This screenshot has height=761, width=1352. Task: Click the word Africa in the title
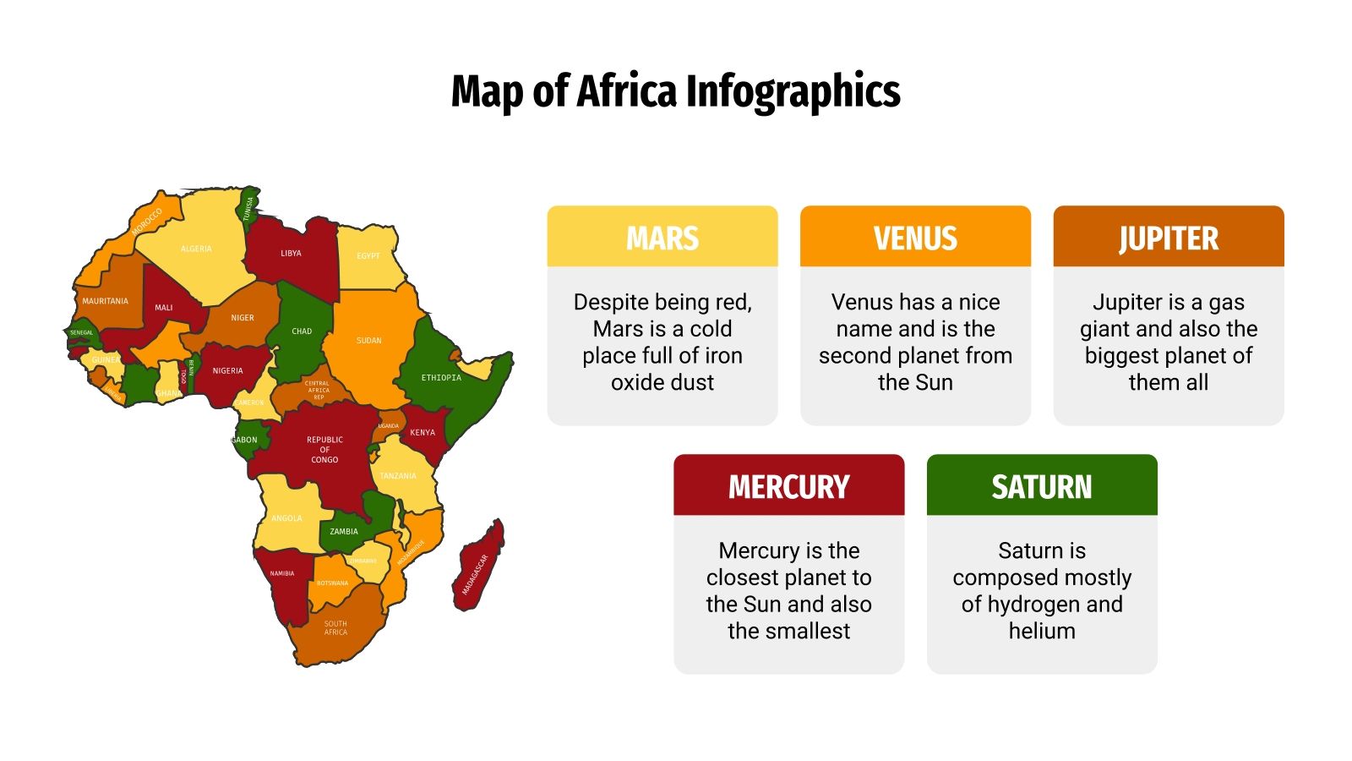(626, 91)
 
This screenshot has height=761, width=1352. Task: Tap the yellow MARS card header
(662, 238)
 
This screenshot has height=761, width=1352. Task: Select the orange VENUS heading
(915, 238)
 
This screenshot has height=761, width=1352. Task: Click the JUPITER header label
(1168, 238)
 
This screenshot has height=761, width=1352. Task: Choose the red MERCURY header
(788, 486)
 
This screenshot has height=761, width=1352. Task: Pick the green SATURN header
(1041, 486)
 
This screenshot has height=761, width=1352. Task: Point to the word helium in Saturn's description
(1041, 631)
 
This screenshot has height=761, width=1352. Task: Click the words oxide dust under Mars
(662, 382)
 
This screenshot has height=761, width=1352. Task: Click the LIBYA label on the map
(291, 253)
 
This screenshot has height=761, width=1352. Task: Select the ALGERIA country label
(196, 249)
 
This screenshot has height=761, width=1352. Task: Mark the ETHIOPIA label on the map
(441, 378)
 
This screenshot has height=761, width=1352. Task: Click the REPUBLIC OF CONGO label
(324, 449)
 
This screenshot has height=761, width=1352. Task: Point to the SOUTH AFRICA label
(335, 627)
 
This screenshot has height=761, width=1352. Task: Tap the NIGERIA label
(227, 370)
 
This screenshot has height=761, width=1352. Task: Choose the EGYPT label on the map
(368, 255)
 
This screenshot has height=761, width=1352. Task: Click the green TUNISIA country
(248, 207)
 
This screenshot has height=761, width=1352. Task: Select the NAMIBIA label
(282, 573)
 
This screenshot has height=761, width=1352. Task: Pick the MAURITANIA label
(105, 301)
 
